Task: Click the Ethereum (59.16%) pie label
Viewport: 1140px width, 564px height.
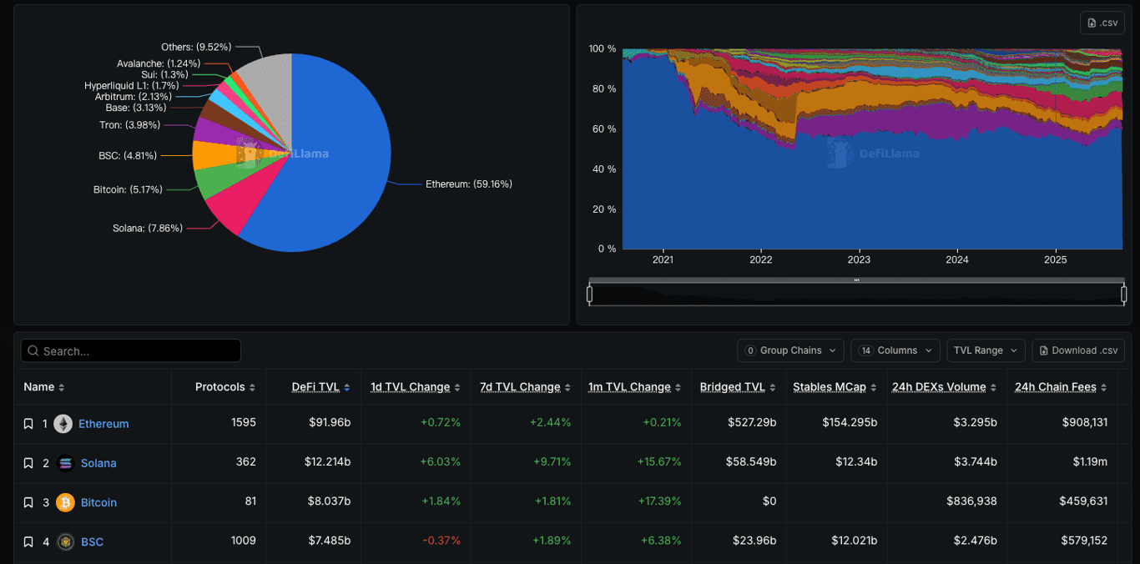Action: (468, 184)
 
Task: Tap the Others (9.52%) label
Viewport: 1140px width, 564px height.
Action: (196, 48)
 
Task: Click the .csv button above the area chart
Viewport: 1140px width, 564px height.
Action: (1102, 23)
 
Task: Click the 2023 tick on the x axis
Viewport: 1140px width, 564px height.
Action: (859, 259)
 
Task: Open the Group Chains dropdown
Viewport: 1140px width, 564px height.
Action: (789, 350)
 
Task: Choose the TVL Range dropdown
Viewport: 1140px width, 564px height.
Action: (984, 350)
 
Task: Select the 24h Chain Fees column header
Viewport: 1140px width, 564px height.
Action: (1055, 387)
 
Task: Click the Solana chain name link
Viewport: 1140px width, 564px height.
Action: (98, 463)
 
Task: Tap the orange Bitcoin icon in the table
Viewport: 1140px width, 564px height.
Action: (65, 502)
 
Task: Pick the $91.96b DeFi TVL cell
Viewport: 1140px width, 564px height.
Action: (329, 423)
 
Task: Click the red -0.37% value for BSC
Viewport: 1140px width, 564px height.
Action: (441, 541)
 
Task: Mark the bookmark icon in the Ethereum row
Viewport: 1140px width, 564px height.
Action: (28, 424)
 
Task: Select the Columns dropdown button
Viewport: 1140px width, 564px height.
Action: (895, 350)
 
